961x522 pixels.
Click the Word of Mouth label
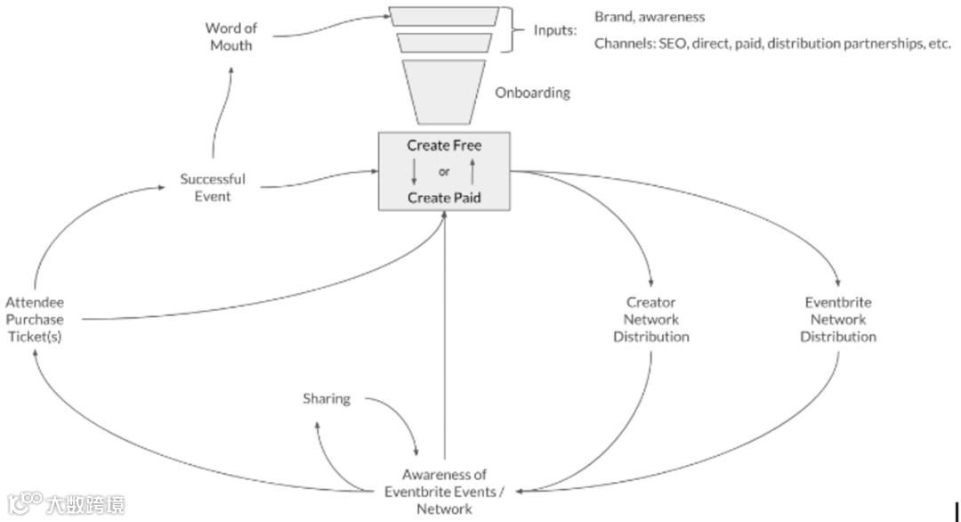[230, 37]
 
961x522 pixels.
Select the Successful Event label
[213, 187]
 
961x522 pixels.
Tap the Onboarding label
[532, 93]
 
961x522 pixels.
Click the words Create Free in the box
[444, 145]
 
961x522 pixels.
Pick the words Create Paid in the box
[444, 197]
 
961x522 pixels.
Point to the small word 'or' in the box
[444, 171]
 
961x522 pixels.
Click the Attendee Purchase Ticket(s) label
[34, 320]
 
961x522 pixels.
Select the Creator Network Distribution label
[651, 320]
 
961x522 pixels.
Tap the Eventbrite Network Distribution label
[837, 320]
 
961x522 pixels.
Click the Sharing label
[327, 398]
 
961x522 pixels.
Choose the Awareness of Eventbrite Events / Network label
[444, 492]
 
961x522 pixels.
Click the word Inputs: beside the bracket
[555, 30]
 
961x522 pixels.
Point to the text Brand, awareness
[650, 17]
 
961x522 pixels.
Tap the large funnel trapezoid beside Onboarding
[444, 92]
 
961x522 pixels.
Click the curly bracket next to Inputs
[513, 30]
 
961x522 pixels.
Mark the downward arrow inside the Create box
[414, 171]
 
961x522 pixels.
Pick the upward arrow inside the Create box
[472, 171]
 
